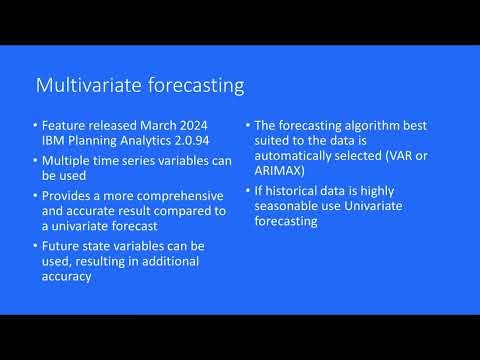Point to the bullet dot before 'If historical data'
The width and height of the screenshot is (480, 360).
248,195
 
